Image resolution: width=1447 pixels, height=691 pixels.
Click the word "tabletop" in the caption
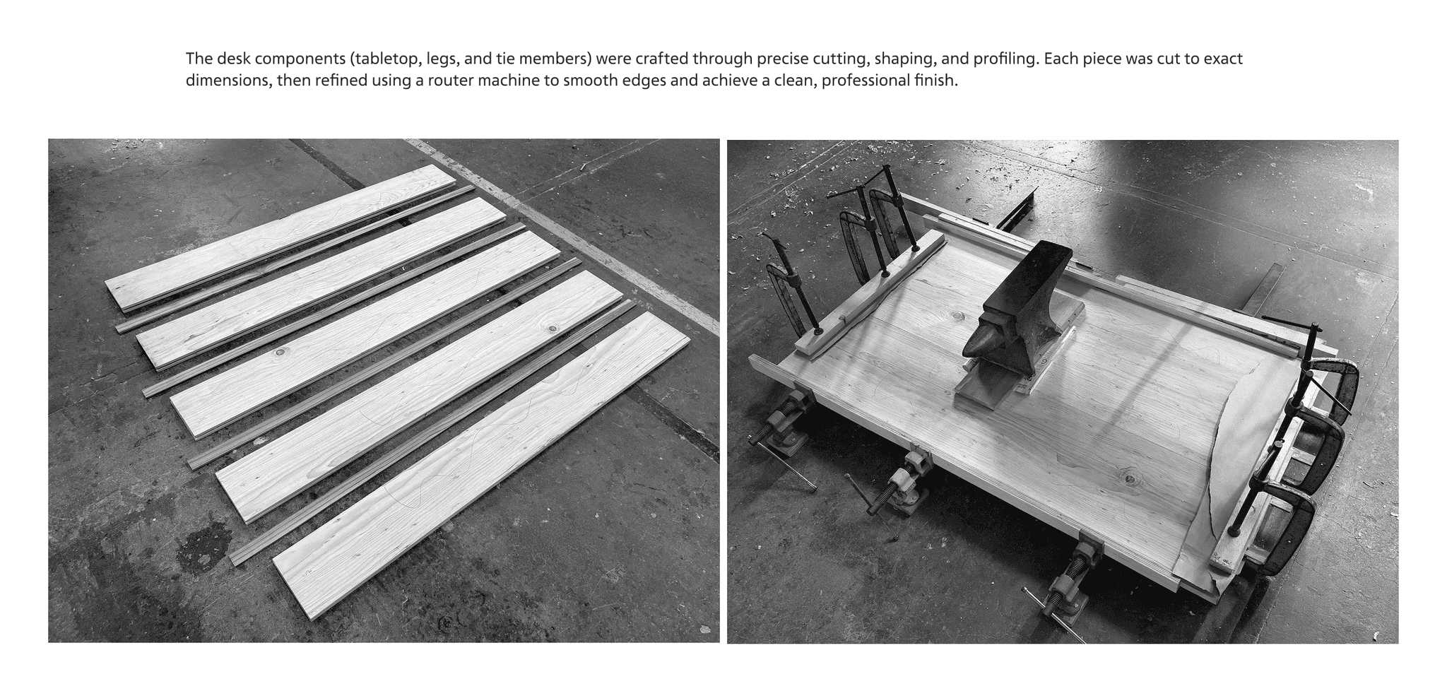385,59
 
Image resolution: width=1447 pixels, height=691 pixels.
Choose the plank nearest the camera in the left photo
481,466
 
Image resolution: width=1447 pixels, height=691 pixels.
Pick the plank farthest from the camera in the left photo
280,238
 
